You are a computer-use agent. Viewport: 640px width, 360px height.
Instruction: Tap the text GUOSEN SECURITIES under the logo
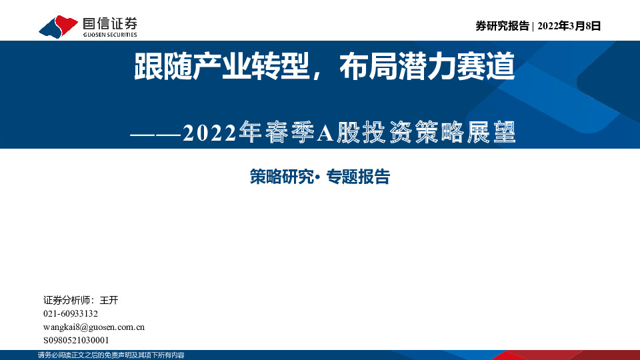(x=110, y=34)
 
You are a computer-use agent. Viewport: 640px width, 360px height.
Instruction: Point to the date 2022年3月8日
(x=569, y=26)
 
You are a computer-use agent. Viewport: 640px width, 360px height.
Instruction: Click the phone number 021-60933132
(x=70, y=314)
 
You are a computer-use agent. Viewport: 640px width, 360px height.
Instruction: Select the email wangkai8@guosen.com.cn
(x=94, y=327)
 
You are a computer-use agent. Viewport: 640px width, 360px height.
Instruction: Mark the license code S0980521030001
(x=75, y=340)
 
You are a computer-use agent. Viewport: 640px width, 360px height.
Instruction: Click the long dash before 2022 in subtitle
(x=155, y=133)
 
